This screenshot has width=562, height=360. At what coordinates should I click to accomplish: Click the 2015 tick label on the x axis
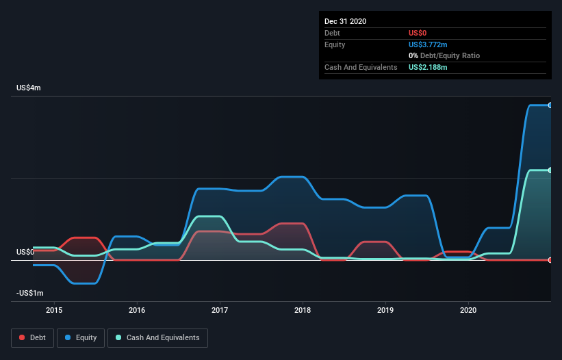54,310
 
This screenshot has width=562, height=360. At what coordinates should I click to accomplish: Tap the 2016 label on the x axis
137,310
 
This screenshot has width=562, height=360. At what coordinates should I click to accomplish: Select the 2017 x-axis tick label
220,310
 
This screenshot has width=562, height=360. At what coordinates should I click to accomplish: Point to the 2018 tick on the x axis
303,310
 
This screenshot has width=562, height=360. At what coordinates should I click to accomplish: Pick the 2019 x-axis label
385,310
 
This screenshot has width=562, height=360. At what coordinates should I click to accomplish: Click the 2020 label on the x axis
468,310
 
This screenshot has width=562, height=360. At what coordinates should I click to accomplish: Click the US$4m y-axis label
29,88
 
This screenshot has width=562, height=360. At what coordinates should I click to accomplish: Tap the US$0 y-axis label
25,252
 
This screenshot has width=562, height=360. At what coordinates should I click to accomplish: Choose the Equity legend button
81,337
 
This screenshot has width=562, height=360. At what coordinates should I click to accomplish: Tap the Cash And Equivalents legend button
157,337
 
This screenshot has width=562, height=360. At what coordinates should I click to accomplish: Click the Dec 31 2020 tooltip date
345,21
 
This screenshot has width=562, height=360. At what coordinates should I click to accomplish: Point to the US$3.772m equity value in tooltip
429,44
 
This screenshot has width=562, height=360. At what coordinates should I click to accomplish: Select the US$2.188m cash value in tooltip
429,67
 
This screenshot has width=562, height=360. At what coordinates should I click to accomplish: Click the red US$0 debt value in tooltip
418,33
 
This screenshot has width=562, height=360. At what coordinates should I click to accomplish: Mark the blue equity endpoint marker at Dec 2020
550,105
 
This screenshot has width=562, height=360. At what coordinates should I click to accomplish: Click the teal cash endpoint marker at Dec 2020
550,170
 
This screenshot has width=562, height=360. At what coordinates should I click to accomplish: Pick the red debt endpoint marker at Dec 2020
550,260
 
